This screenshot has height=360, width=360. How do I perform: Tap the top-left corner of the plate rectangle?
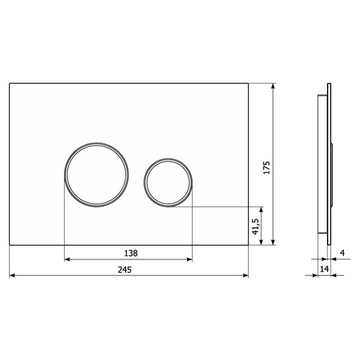9,82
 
